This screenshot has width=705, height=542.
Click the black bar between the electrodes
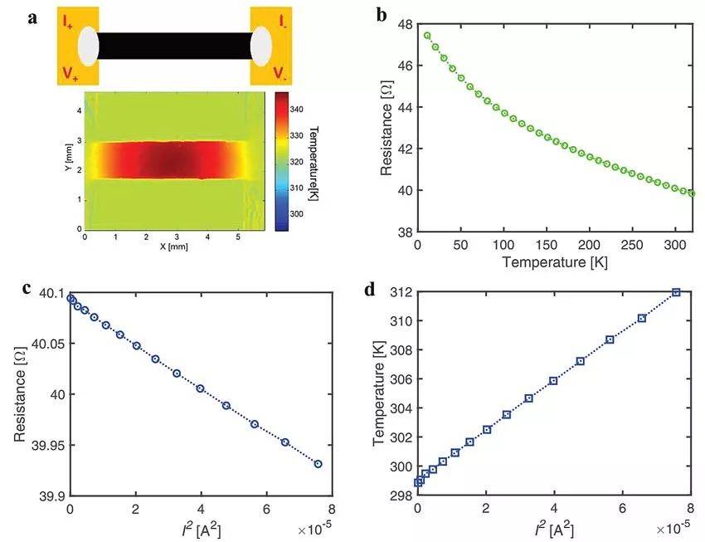[x=174, y=46]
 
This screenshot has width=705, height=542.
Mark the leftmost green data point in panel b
[x=427, y=35]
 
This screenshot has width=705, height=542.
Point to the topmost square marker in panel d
[x=677, y=292]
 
